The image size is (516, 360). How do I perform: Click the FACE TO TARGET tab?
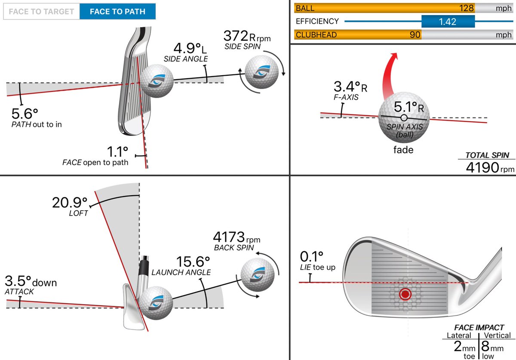click(41, 12)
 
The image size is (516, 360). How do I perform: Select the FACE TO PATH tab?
click(117, 12)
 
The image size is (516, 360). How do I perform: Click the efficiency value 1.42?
click(448, 22)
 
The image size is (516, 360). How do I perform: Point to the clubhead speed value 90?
click(415, 35)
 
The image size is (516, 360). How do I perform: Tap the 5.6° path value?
click(25, 114)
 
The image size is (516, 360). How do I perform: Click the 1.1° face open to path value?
click(117, 151)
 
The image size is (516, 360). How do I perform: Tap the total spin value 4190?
click(482, 167)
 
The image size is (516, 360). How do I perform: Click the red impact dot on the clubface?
click(405, 294)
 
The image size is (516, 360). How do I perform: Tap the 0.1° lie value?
click(311, 257)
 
